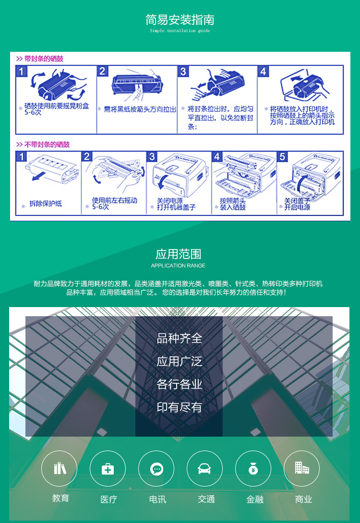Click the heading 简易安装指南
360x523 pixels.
pyautogui.click(x=180, y=20)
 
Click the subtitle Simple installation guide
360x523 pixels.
pyautogui.click(x=180, y=31)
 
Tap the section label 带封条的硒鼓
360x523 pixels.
pyautogui.click(x=43, y=59)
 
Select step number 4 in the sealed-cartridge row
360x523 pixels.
pyautogui.click(x=263, y=72)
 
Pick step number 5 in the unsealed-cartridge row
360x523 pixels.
pyautogui.click(x=283, y=157)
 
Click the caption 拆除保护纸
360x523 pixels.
pyautogui.click(x=46, y=204)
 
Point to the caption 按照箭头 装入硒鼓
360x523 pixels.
pyautogui.click(x=233, y=204)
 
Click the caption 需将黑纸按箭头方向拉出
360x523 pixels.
pyautogui.click(x=140, y=109)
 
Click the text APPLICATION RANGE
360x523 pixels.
pyautogui.click(x=178, y=265)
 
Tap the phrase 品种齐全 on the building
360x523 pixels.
pyautogui.click(x=180, y=338)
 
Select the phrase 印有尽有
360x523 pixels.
pyautogui.click(x=180, y=407)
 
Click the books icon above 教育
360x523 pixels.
pyautogui.click(x=60, y=468)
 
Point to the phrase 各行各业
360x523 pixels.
pyautogui.click(x=180, y=384)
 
